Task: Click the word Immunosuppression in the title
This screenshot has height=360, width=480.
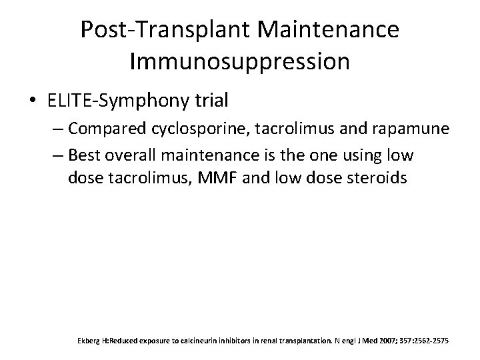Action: (239, 61)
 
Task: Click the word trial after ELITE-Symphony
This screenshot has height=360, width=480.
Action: (210, 101)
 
